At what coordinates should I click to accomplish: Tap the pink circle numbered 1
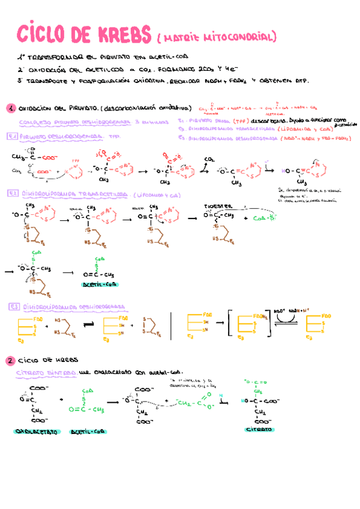click(10, 109)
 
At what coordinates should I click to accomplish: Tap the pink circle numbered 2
click(10, 361)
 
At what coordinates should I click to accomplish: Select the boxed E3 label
click(15, 306)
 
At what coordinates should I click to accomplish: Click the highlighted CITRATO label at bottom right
click(259, 430)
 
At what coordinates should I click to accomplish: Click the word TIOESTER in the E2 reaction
click(215, 205)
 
